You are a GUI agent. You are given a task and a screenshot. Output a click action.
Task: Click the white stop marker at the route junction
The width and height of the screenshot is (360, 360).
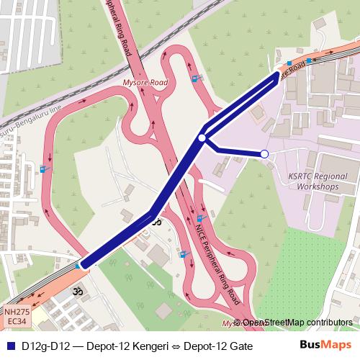[x=202, y=138]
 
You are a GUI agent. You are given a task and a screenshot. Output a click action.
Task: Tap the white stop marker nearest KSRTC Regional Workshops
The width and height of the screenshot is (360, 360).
[x=264, y=154]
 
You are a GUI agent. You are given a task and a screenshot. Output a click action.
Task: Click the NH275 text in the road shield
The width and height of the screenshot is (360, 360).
[x=17, y=312]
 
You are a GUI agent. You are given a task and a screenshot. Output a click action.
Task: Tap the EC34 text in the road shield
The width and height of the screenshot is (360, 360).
[x=17, y=321]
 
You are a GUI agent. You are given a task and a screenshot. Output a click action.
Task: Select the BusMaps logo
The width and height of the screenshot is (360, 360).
[x=325, y=345]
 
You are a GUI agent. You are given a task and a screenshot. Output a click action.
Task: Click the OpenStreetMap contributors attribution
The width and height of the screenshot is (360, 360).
[x=297, y=323]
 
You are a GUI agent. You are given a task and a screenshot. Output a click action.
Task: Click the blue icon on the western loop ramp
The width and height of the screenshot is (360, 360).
[x=45, y=170]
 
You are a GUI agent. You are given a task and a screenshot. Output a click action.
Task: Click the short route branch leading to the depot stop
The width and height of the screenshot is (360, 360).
[x=235, y=151]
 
